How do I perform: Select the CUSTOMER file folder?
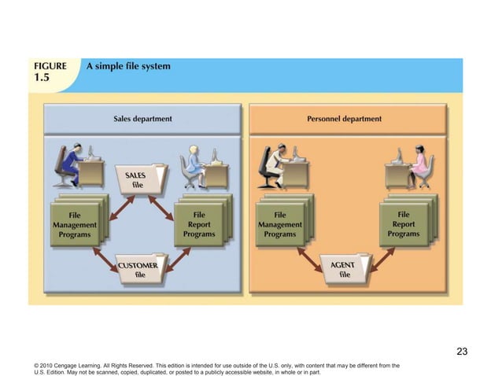click(139, 269)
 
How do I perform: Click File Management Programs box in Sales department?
click(74, 224)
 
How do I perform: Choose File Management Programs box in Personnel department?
click(279, 224)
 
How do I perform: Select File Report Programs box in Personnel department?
click(403, 224)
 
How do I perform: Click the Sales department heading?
click(143, 119)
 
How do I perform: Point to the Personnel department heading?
click(344, 119)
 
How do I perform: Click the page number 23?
click(462, 352)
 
